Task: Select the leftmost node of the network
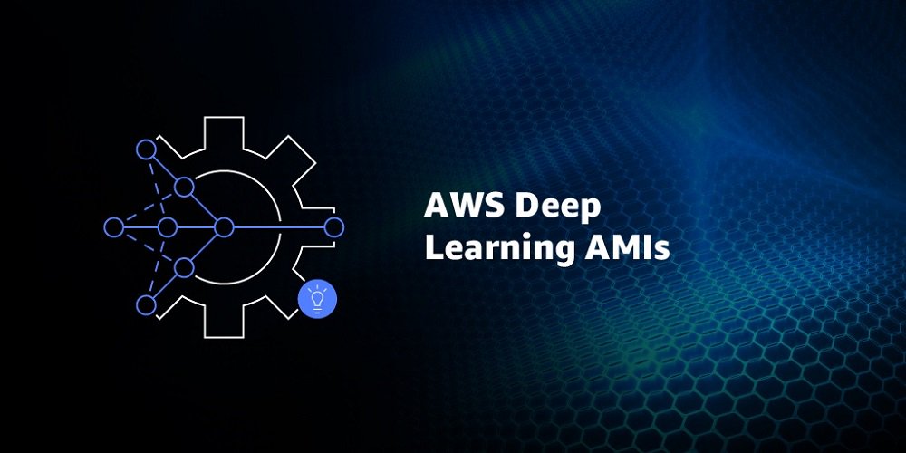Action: (114, 227)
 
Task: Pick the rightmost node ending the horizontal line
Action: (334, 227)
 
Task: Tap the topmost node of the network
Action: (146, 149)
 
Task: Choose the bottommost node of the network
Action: (146, 305)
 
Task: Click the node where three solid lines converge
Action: (224, 227)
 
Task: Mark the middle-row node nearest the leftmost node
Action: (168, 227)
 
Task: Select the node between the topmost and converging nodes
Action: (184, 188)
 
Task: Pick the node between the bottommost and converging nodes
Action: (184, 267)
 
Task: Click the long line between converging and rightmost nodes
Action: (279, 227)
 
